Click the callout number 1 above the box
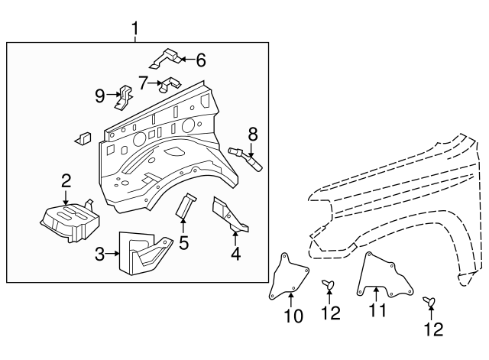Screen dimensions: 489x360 (x=134, y=28)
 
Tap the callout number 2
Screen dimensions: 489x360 (x=66, y=181)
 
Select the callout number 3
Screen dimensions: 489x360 (x=99, y=255)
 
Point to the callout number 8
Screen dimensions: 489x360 (x=253, y=135)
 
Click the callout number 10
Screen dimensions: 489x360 (x=293, y=316)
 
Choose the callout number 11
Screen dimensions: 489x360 (x=377, y=310)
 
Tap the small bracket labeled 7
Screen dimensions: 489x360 (x=170, y=85)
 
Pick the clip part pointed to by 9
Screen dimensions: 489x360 (x=125, y=97)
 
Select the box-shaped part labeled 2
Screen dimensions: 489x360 (x=70, y=222)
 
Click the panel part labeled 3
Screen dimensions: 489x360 (x=145, y=253)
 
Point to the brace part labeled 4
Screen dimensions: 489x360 (x=231, y=215)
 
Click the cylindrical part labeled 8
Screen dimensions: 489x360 (x=245, y=159)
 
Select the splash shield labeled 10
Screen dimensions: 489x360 (x=289, y=277)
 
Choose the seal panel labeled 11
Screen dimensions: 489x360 (x=384, y=275)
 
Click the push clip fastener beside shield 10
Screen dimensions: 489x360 (x=328, y=284)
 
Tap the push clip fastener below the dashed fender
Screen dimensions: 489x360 (x=429, y=301)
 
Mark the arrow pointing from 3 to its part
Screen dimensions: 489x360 (x=112, y=254)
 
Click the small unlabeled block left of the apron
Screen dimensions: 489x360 (x=83, y=139)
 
